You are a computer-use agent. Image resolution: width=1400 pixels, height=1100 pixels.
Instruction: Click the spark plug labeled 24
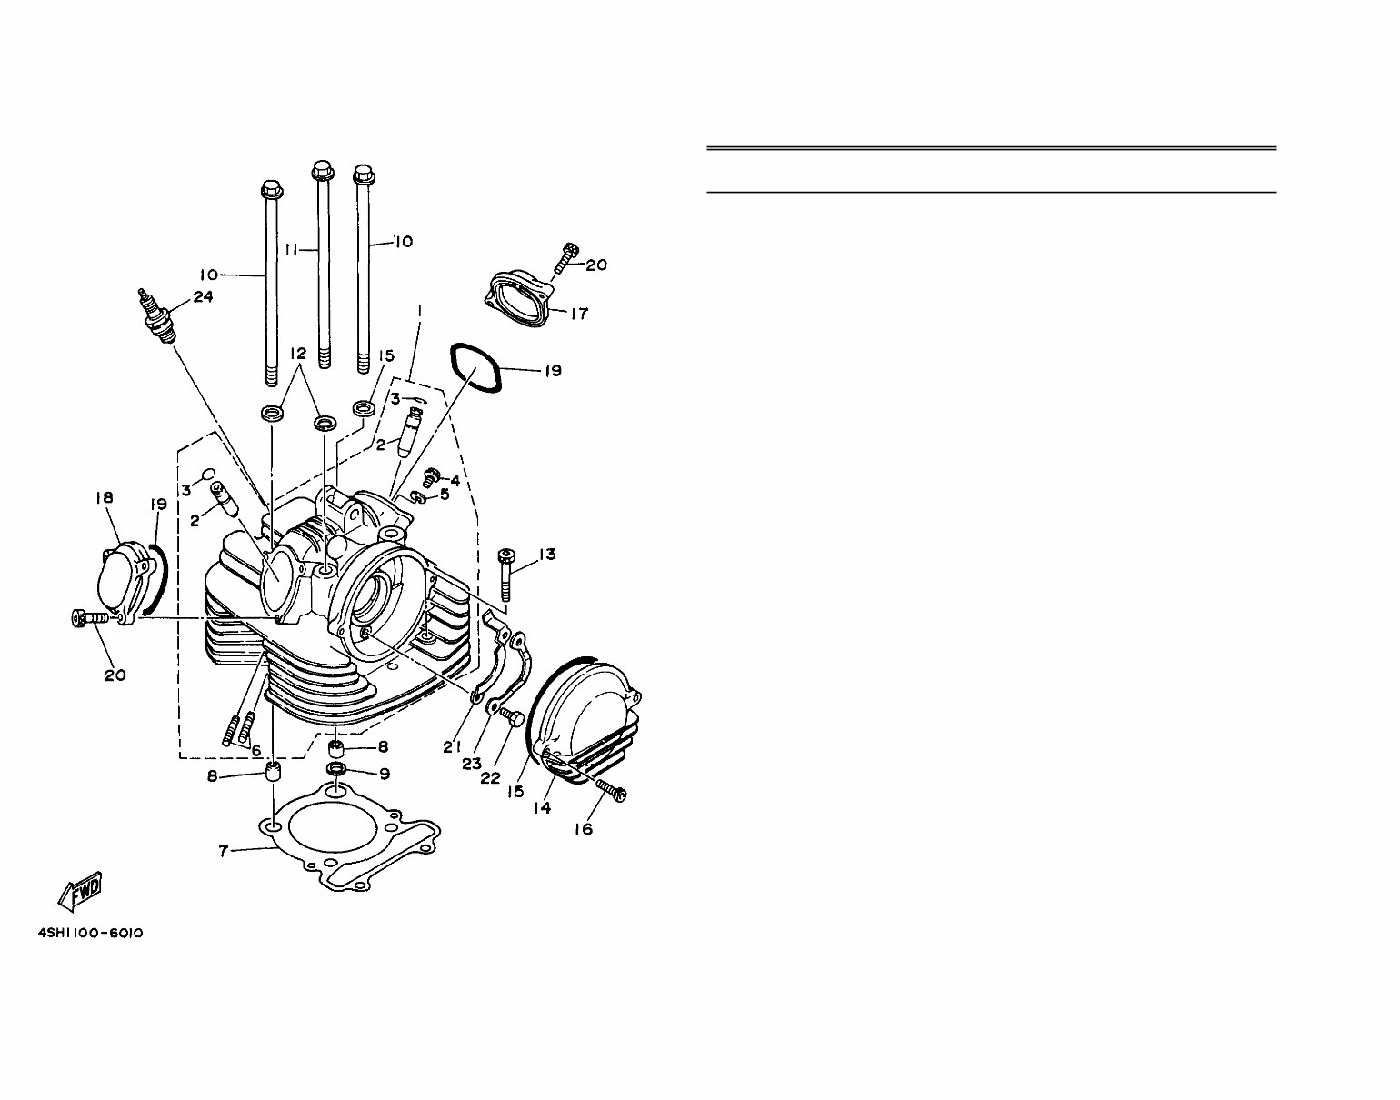(155, 315)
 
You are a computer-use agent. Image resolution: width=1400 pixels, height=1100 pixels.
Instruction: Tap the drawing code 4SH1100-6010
(91, 934)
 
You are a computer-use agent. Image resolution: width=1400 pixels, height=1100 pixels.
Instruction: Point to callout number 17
(578, 314)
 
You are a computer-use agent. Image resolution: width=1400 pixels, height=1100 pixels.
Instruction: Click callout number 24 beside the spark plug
(203, 296)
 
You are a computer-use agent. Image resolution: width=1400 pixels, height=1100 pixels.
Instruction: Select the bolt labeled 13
(505, 575)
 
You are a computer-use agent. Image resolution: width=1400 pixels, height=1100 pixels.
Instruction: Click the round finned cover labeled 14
(587, 717)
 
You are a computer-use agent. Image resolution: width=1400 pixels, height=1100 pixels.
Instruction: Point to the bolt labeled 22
(512, 721)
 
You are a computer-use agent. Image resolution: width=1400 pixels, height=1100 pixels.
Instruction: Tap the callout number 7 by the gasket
(222, 851)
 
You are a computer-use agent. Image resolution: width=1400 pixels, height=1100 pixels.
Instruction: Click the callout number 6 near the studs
(256, 751)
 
